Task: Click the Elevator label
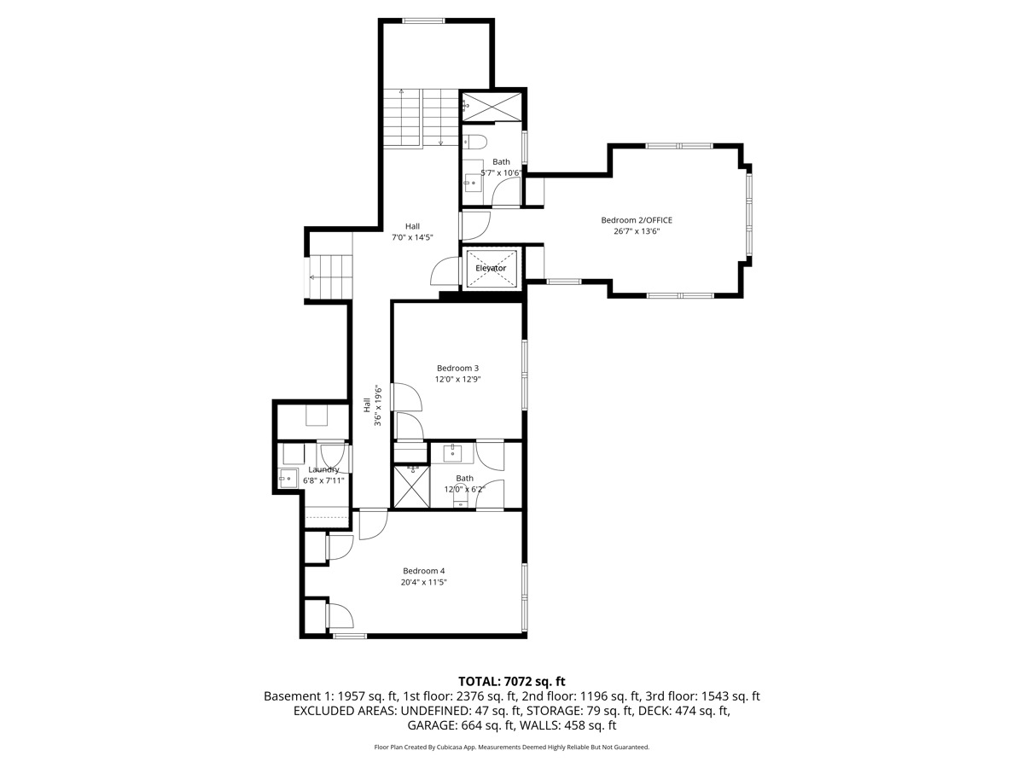(491, 268)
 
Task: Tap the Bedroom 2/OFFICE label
(637, 220)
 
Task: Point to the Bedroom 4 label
(424, 571)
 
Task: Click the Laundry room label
(323, 469)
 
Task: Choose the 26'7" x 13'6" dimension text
(637, 231)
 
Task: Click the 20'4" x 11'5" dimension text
(424, 582)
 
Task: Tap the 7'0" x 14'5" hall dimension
(412, 237)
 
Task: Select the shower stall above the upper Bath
(493, 107)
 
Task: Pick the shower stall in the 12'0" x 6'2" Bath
(410, 486)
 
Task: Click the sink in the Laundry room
(287, 479)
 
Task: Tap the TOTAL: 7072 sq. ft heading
(512, 681)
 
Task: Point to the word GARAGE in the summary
(436, 725)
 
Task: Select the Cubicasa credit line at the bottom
(512, 747)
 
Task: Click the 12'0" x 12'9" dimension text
(457, 379)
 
